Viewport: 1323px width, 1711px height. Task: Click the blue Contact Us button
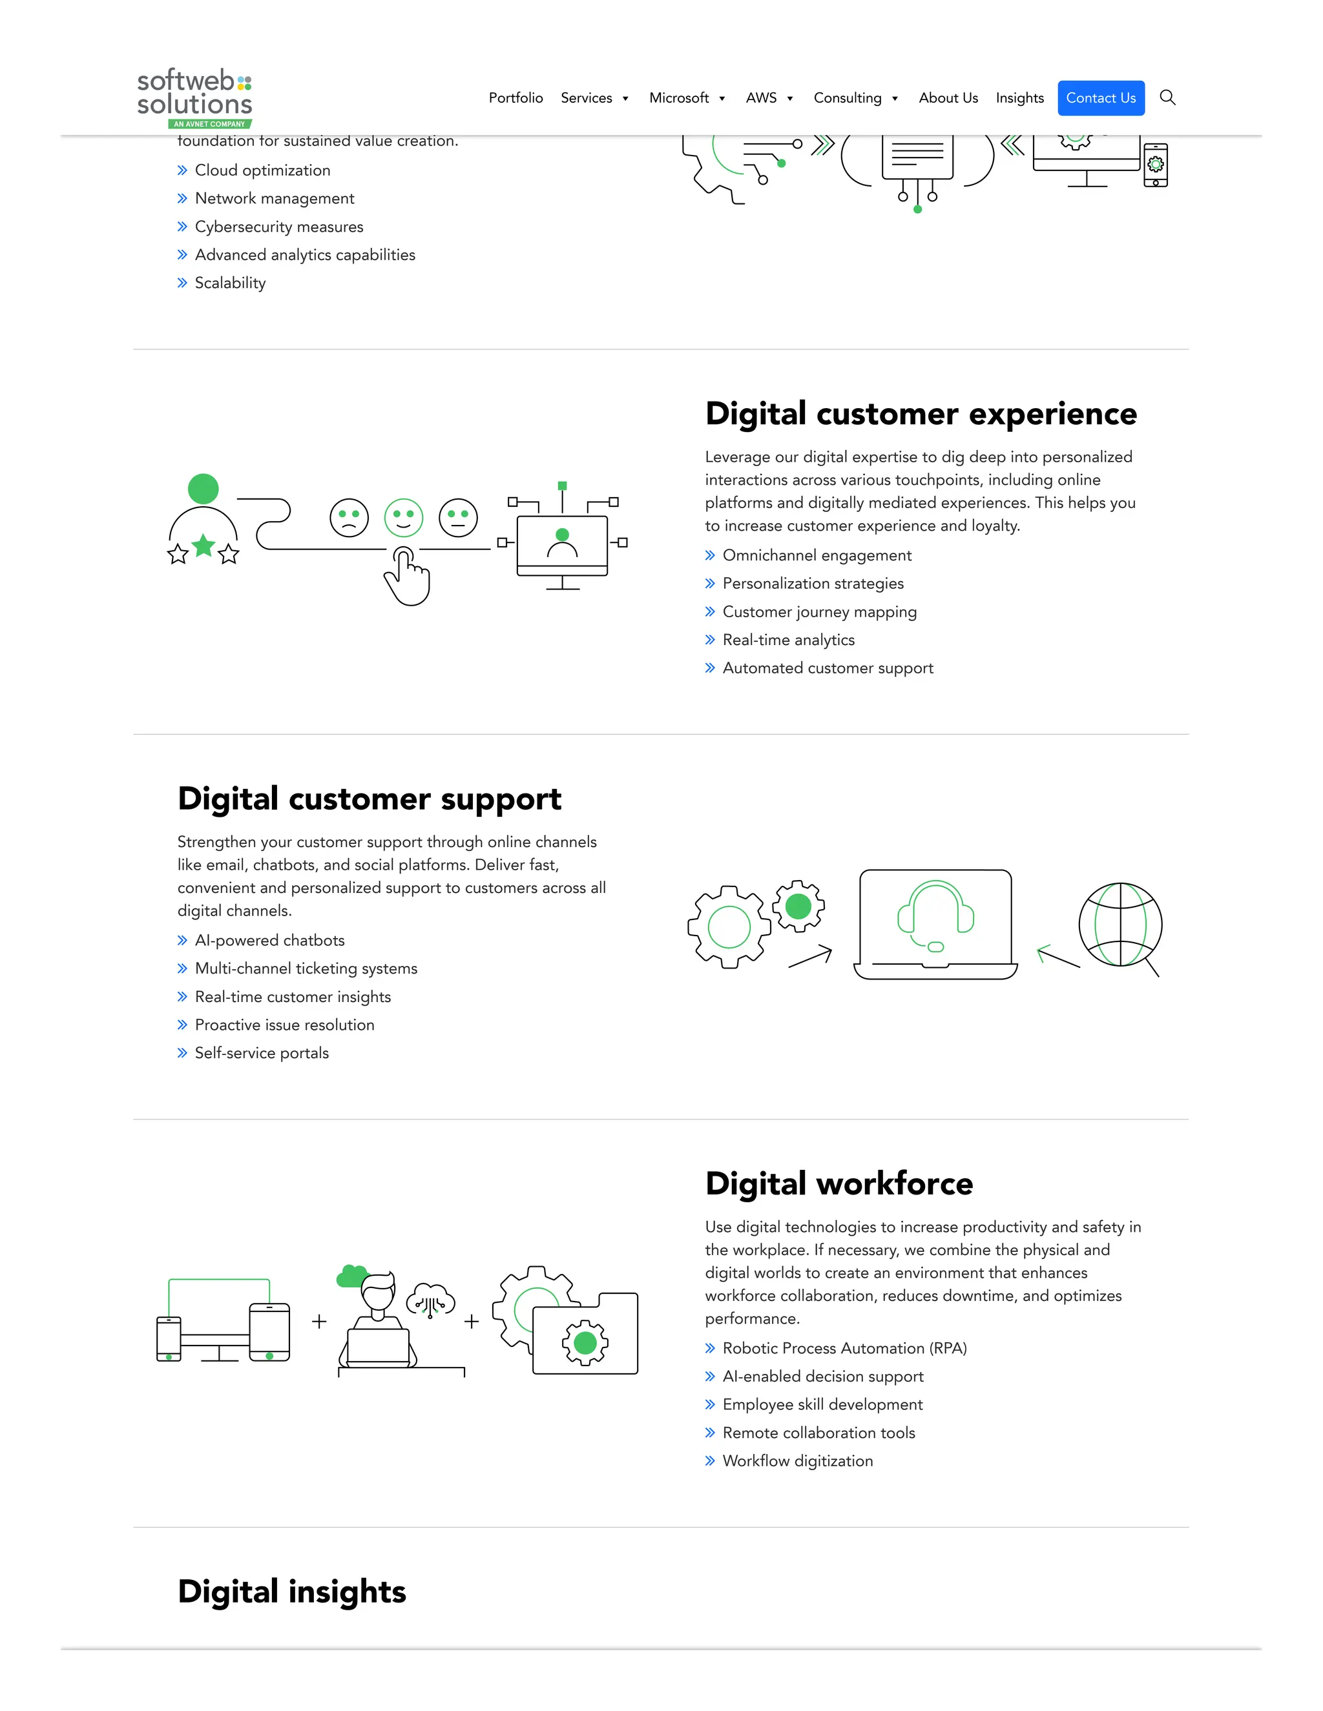pos(1100,98)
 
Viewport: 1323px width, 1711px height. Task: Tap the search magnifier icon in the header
pos(1167,97)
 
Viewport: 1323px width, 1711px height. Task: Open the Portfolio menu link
pos(516,98)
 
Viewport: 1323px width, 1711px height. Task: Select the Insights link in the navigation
pos(1019,98)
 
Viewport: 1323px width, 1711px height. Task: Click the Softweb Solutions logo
pos(194,97)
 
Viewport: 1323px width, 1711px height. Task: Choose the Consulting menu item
pos(848,98)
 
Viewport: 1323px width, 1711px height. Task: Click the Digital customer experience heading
pos(920,414)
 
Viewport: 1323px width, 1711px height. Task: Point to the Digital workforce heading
pos(839,1183)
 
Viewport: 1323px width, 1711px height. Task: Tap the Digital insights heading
pos(291,1592)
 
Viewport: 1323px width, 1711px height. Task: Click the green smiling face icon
pos(404,518)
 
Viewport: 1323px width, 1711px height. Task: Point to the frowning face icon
pos(349,518)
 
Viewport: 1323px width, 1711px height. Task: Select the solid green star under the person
pos(203,546)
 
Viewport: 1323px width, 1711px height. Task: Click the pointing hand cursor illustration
pos(408,577)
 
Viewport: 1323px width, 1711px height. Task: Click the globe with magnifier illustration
pos(1121,926)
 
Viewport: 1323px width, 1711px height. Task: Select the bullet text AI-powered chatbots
pos(269,940)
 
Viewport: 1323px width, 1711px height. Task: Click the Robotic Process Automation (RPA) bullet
pos(844,1348)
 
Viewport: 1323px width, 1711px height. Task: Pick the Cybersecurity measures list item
pos(279,227)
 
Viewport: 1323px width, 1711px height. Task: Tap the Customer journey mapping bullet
pos(819,612)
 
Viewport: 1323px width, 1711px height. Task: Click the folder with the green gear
pos(585,1333)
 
